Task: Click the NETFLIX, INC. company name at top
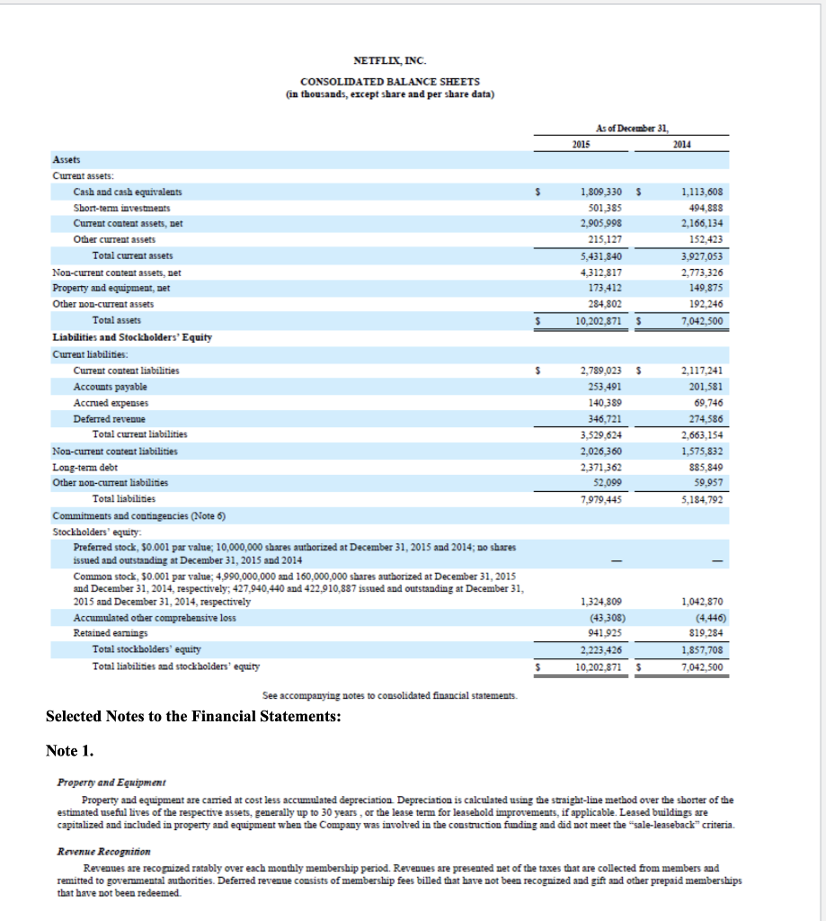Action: coord(390,61)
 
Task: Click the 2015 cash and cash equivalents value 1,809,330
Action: coord(600,192)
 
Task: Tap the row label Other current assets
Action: coord(114,240)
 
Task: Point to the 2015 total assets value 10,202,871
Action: coord(600,320)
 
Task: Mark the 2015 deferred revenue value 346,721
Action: coord(603,419)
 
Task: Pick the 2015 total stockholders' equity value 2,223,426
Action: coord(600,648)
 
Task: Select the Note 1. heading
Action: coord(70,751)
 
